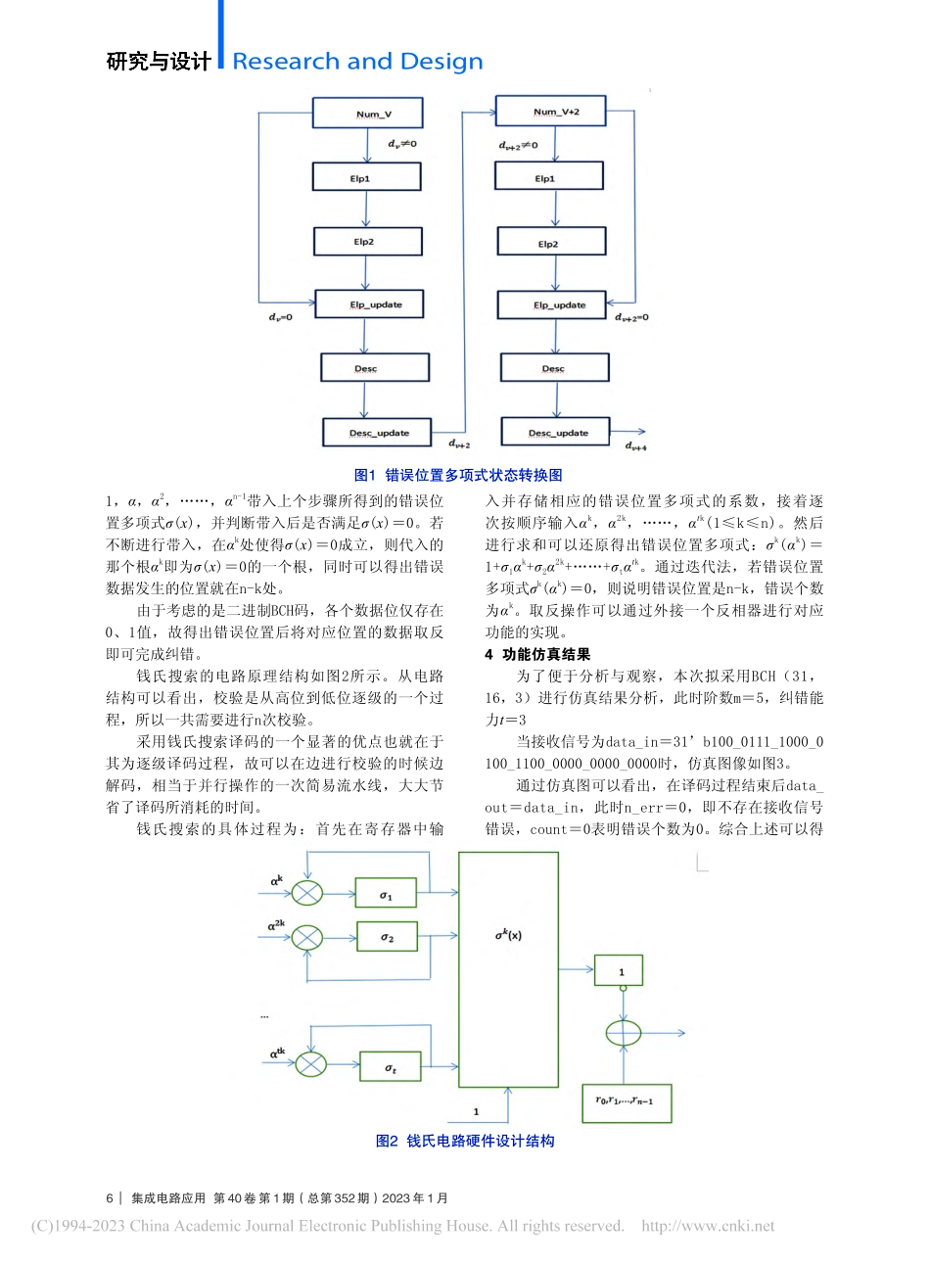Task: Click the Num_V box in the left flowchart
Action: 367,113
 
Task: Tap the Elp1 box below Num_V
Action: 366,177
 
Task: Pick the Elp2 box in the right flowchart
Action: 550,243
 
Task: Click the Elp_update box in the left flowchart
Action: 370,304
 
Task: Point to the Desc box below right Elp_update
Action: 554,368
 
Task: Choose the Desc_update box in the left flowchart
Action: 379,432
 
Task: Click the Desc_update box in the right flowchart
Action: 555,432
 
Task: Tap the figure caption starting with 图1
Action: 458,475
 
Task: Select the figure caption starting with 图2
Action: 465,1141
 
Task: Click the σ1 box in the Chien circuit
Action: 386,893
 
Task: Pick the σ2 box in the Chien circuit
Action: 386,938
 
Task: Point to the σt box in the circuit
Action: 391,1066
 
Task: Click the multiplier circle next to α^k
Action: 307,892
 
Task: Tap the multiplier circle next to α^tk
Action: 310,1064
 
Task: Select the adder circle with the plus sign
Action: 624,1033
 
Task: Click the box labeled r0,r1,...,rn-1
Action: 626,1101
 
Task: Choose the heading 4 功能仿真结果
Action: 537,654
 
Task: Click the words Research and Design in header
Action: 357,62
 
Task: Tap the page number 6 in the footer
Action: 110,1197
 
